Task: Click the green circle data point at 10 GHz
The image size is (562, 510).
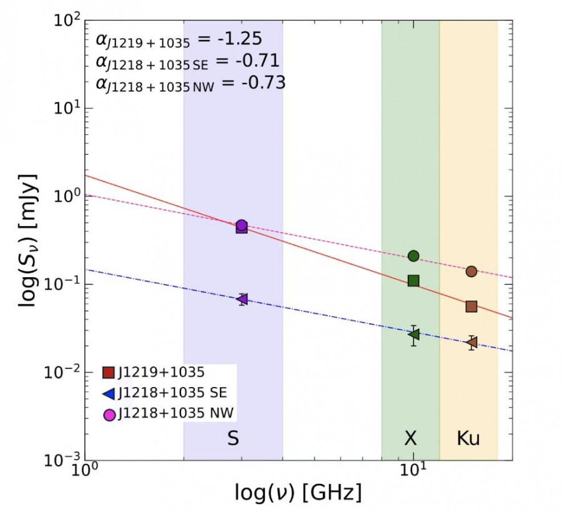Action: pyautogui.click(x=413, y=255)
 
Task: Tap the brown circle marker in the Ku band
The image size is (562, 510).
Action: pyautogui.click(x=471, y=271)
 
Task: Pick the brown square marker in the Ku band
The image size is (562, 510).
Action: pyautogui.click(x=471, y=306)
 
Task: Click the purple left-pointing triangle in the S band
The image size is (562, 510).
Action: pyautogui.click(x=242, y=299)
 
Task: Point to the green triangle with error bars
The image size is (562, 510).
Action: pyautogui.click(x=413, y=335)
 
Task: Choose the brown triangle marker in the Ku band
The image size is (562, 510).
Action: pyautogui.click(x=472, y=342)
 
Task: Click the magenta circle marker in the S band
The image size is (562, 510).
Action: pyautogui.click(x=242, y=225)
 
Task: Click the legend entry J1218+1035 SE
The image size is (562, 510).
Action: pyautogui.click(x=171, y=393)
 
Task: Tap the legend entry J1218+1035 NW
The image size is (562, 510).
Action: pyautogui.click(x=172, y=413)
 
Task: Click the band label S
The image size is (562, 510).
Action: pyautogui.click(x=233, y=439)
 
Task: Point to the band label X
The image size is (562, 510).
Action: pyautogui.click(x=410, y=439)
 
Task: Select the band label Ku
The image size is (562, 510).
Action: pyautogui.click(x=468, y=439)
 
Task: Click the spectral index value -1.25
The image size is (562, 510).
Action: pyautogui.click(x=238, y=39)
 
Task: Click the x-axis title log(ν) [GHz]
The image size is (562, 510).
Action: pyautogui.click(x=298, y=493)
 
